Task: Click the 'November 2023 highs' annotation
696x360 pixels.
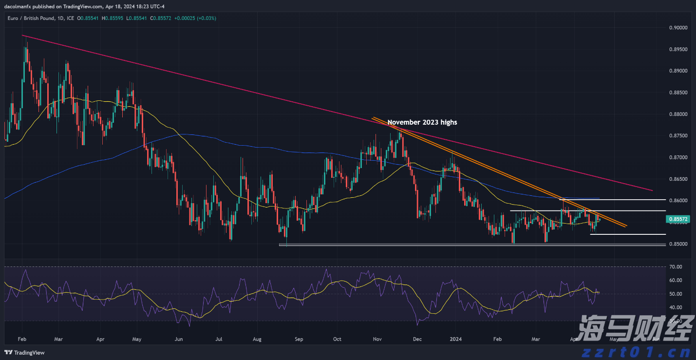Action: pyautogui.click(x=422, y=122)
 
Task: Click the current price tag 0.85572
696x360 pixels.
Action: pyautogui.click(x=678, y=220)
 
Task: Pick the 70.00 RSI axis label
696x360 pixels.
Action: pyautogui.click(x=675, y=267)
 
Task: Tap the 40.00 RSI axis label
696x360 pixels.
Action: pyautogui.click(x=675, y=307)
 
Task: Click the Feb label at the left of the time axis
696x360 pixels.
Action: pyautogui.click(x=22, y=338)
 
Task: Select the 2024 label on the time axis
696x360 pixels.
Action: pyautogui.click(x=455, y=338)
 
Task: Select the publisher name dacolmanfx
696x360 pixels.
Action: pyautogui.click(x=19, y=6)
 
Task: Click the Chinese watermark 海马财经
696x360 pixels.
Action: pyautogui.click(x=636, y=328)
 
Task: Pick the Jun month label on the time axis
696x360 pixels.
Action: pyautogui.click(x=179, y=338)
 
